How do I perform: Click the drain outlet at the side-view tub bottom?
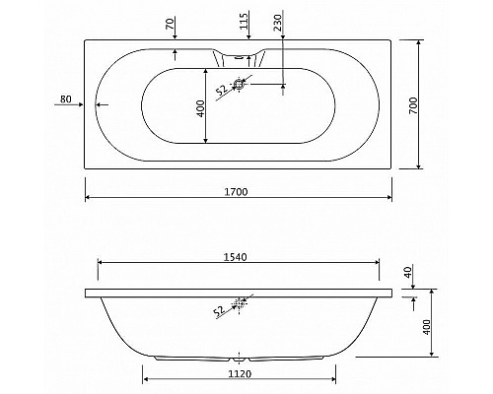pyautogui.click(x=240, y=353)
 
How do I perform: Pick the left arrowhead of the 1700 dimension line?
pyautogui.click(x=88, y=196)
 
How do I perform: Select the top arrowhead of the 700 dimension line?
pyautogui.click(x=422, y=43)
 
